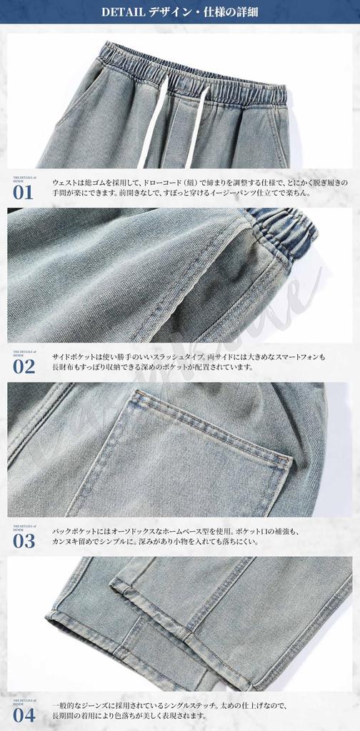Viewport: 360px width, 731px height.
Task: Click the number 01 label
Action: [x=23, y=193]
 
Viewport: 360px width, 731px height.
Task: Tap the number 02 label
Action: [x=23, y=366]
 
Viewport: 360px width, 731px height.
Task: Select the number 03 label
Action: [x=23, y=540]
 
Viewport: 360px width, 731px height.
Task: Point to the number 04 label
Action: [x=23, y=715]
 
